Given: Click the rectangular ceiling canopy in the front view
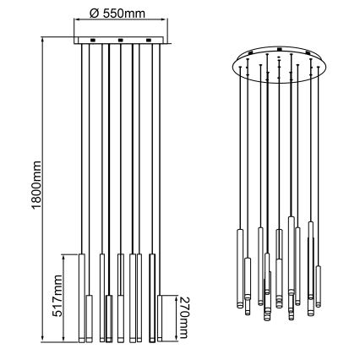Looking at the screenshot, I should tap(120, 41).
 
